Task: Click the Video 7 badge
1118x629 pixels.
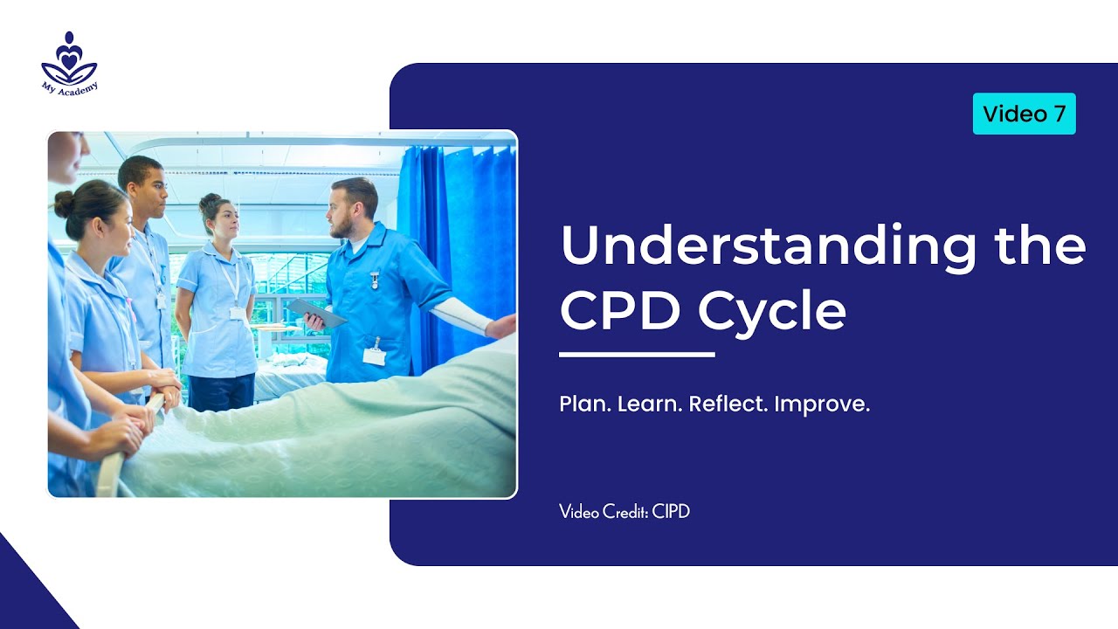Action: pyautogui.click(x=1024, y=114)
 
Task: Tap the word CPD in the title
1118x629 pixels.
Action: pyautogui.click(x=618, y=311)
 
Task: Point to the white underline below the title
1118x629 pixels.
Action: pyautogui.click(x=637, y=355)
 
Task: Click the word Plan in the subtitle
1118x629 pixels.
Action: pyautogui.click(x=584, y=405)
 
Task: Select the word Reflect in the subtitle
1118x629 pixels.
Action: pyautogui.click(x=728, y=405)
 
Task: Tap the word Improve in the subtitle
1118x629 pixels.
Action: pyautogui.click(x=822, y=405)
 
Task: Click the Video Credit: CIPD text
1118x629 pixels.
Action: pyautogui.click(x=625, y=512)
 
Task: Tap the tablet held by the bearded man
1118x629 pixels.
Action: pyautogui.click(x=316, y=312)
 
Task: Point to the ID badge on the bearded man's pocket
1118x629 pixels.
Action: pyautogui.click(x=375, y=354)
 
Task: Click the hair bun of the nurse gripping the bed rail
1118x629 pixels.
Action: pyautogui.click(x=64, y=203)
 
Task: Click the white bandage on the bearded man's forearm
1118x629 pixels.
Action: pyautogui.click(x=460, y=315)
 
